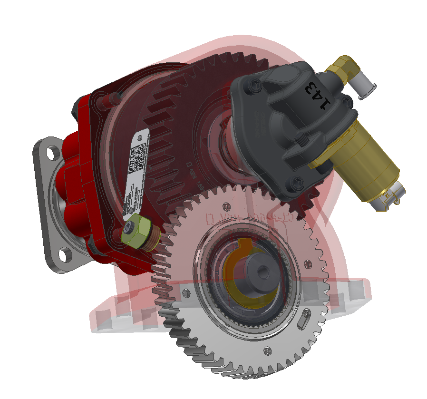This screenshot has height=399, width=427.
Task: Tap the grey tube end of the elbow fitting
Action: [x=366, y=89]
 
